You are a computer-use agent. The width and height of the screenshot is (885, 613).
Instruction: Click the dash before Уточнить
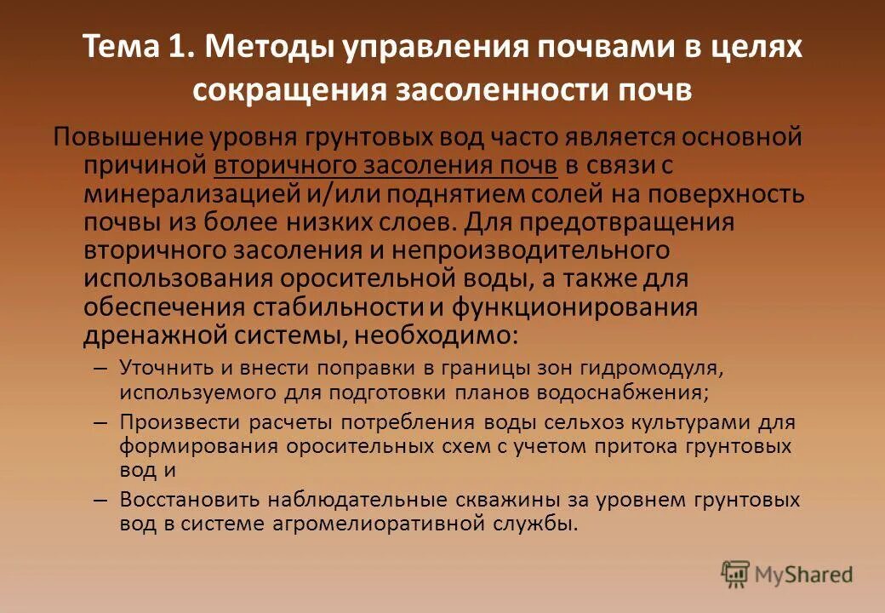pyautogui.click(x=100, y=370)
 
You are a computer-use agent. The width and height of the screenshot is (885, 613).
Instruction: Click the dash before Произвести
pyautogui.click(x=100, y=422)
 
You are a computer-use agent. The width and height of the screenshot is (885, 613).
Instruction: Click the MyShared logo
pyautogui.click(x=787, y=575)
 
